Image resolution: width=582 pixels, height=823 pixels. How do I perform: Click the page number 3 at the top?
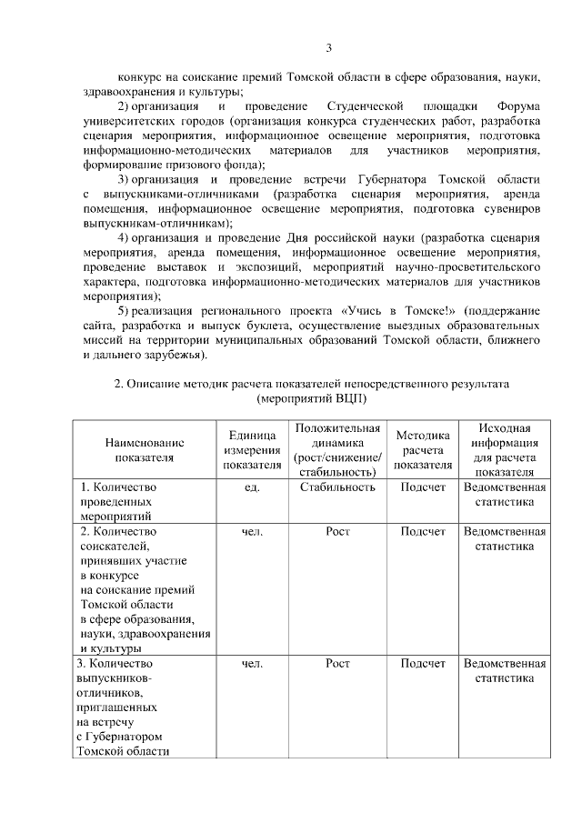330,47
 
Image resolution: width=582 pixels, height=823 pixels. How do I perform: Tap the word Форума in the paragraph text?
520,106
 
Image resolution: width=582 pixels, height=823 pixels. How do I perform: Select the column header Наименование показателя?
144,449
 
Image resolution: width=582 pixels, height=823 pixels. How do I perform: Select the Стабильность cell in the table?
337,487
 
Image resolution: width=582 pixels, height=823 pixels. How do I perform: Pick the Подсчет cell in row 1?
423,487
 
